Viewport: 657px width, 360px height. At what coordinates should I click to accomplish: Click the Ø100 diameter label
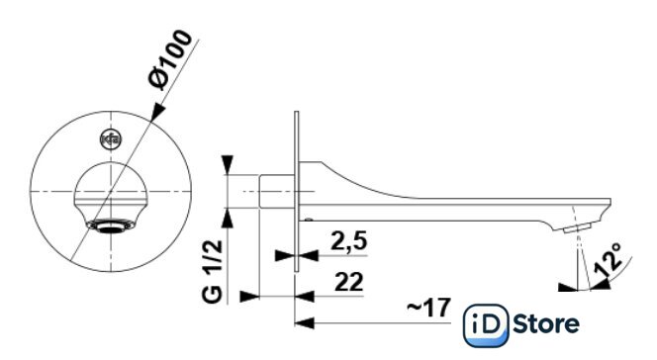[x=170, y=59]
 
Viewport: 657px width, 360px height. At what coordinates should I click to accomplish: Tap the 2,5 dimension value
[x=348, y=240]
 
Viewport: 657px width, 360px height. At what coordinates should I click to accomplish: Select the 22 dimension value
[x=349, y=282]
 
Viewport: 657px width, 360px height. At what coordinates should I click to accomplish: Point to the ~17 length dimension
[x=428, y=308]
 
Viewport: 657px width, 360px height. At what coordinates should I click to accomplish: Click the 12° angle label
[x=609, y=259]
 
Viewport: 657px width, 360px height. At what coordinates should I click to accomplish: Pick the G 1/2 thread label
[x=212, y=271]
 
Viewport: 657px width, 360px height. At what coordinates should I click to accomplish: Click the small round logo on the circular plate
[x=111, y=139]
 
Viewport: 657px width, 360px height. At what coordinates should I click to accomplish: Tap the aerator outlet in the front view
[x=111, y=226]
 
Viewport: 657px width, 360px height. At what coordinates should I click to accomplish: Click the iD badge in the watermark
[x=487, y=325]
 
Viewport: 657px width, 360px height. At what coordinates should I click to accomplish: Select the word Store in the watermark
[x=546, y=324]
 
